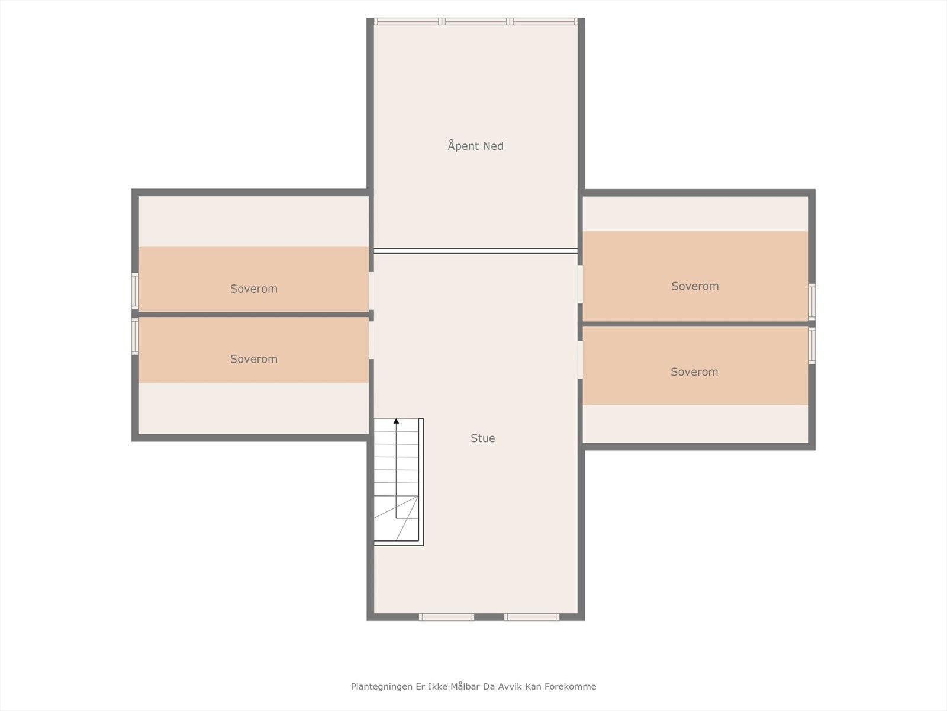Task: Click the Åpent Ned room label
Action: [475, 146]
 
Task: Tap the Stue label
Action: [482, 438]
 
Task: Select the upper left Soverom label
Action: [253, 289]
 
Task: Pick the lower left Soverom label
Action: [253, 359]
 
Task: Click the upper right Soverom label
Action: [695, 286]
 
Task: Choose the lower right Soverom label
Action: [694, 372]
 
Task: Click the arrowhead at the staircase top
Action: [396, 421]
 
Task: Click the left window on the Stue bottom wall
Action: [446, 617]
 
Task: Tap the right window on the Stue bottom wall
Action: [532, 617]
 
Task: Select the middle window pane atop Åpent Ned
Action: [476, 22]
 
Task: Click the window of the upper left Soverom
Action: [135, 290]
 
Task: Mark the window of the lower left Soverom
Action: [135, 336]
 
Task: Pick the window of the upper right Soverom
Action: [811, 302]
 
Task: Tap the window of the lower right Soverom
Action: [811, 345]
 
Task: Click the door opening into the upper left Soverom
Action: [371, 290]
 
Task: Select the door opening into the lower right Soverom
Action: [580, 360]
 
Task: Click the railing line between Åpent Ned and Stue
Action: [475, 251]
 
